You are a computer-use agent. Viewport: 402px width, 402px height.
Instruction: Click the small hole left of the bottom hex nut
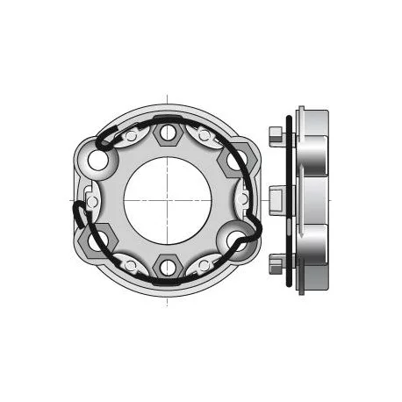point(132,263)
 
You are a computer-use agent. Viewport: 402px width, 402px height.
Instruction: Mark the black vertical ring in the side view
point(289,200)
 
